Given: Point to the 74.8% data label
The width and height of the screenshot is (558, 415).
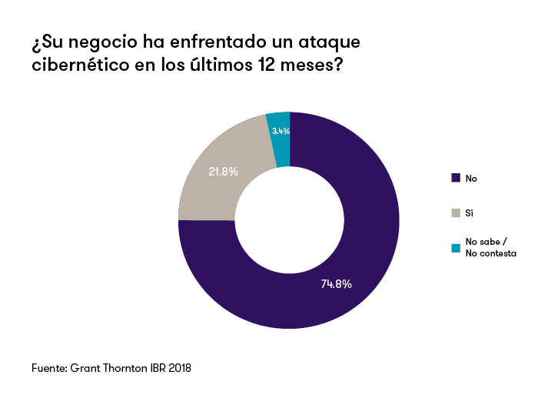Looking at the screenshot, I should [x=336, y=284].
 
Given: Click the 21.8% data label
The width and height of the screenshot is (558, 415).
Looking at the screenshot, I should [x=223, y=172].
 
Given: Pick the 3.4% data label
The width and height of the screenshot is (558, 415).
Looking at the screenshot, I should [x=281, y=131].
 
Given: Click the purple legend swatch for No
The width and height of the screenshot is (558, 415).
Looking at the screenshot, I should [x=456, y=178].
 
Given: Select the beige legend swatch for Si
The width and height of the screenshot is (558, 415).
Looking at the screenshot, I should [x=456, y=212].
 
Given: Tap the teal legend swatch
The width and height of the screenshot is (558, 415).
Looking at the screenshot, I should [x=456, y=247].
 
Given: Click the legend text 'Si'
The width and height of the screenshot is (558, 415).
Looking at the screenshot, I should [x=469, y=212].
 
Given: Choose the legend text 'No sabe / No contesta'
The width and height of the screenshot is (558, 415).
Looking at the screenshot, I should [x=490, y=247].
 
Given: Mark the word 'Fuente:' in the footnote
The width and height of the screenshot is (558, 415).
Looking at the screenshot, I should [x=49, y=368].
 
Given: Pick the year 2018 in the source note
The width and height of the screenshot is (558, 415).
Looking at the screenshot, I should [x=178, y=368].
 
